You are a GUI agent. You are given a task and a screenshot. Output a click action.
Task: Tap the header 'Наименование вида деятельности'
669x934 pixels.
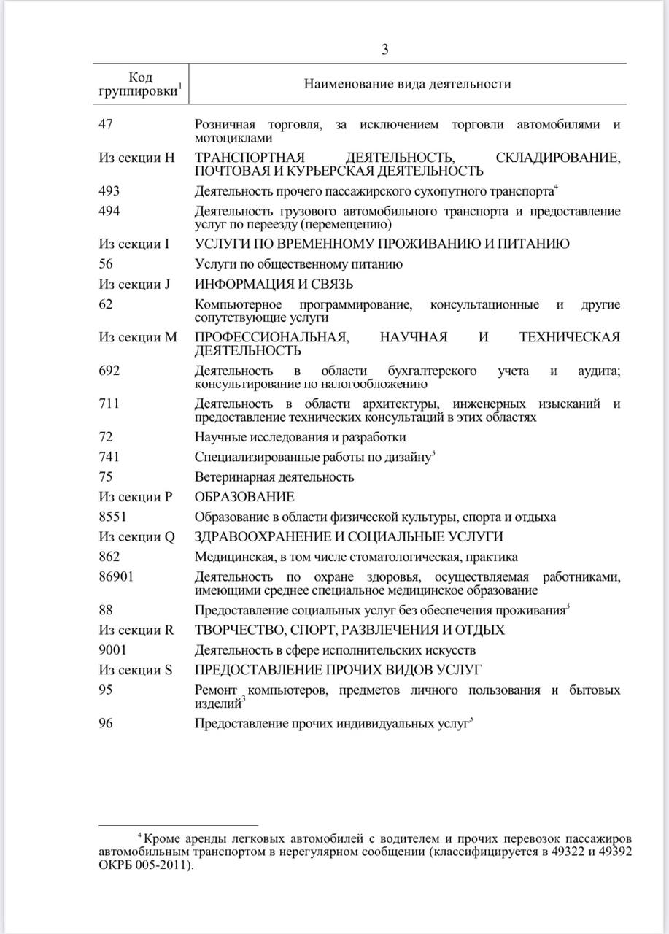407,84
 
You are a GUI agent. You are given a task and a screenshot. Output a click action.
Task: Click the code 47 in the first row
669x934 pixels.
106,125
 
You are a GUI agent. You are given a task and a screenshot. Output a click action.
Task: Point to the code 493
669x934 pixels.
109,191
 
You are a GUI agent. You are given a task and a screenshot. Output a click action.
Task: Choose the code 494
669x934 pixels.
109,212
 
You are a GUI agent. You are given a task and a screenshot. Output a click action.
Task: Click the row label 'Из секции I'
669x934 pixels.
134,244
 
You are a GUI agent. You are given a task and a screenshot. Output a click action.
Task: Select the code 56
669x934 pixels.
106,264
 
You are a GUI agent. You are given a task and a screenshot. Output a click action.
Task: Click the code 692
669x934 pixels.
109,371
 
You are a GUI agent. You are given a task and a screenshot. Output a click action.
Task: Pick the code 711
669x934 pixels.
109,404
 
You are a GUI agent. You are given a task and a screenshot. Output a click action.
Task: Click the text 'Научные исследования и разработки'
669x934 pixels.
300,437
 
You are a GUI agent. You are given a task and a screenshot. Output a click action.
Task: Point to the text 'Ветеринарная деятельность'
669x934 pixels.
274,477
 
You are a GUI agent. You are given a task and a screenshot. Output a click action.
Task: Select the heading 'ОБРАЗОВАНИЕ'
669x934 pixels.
244,497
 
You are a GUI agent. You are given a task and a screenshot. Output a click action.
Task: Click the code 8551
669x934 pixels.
112,517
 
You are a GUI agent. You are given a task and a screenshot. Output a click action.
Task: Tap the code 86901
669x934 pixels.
116,577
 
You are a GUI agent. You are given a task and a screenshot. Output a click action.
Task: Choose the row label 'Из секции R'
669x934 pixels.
136,630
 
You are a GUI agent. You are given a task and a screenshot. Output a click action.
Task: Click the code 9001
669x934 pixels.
112,650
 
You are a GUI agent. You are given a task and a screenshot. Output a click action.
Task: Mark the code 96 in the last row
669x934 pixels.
106,724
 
